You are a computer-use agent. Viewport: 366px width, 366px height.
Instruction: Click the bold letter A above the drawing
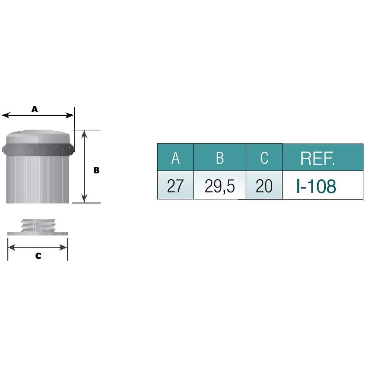pos(34,109)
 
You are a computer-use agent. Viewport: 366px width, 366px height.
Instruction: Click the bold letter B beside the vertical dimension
pos(96,170)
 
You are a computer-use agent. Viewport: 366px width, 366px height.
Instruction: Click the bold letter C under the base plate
pos(38,256)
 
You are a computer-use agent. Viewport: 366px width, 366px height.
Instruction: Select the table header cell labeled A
pos(176,157)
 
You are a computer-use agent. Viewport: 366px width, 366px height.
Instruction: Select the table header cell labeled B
pos(220,157)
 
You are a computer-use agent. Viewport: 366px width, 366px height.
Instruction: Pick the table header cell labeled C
pos(264,157)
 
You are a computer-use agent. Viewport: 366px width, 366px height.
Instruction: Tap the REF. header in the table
pos(317,158)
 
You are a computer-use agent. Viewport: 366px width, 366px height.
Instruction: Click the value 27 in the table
pos(175,186)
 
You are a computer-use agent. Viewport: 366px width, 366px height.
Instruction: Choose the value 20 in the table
pos(264,186)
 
